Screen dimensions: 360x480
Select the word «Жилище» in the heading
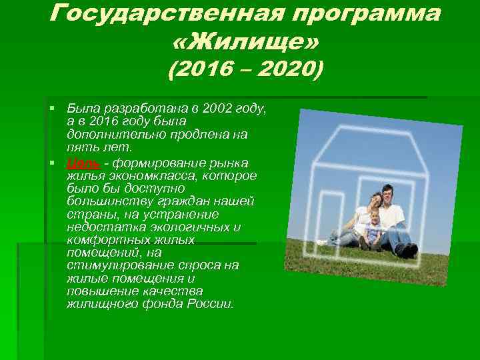pyautogui.click(x=245, y=43)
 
